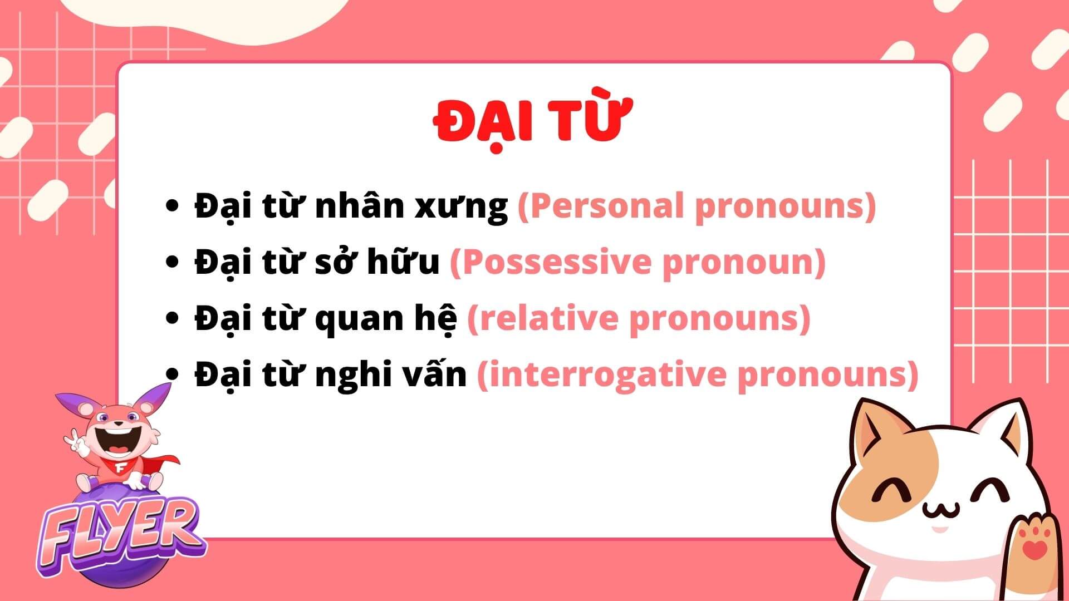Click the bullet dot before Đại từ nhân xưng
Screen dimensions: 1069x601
173,205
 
